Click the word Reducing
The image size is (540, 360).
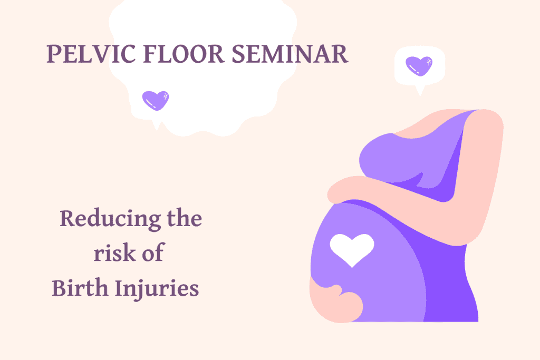click(110, 219)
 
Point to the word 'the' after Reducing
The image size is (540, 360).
click(185, 218)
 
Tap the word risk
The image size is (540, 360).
click(114, 252)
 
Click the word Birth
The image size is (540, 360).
click(80, 287)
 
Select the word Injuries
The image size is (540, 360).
click(157, 288)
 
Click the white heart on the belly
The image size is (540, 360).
click(352, 249)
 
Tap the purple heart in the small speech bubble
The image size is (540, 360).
click(419, 66)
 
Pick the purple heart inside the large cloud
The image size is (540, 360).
click(156, 101)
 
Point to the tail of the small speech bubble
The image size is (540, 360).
click(420, 91)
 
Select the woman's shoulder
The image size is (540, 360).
click(486, 122)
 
